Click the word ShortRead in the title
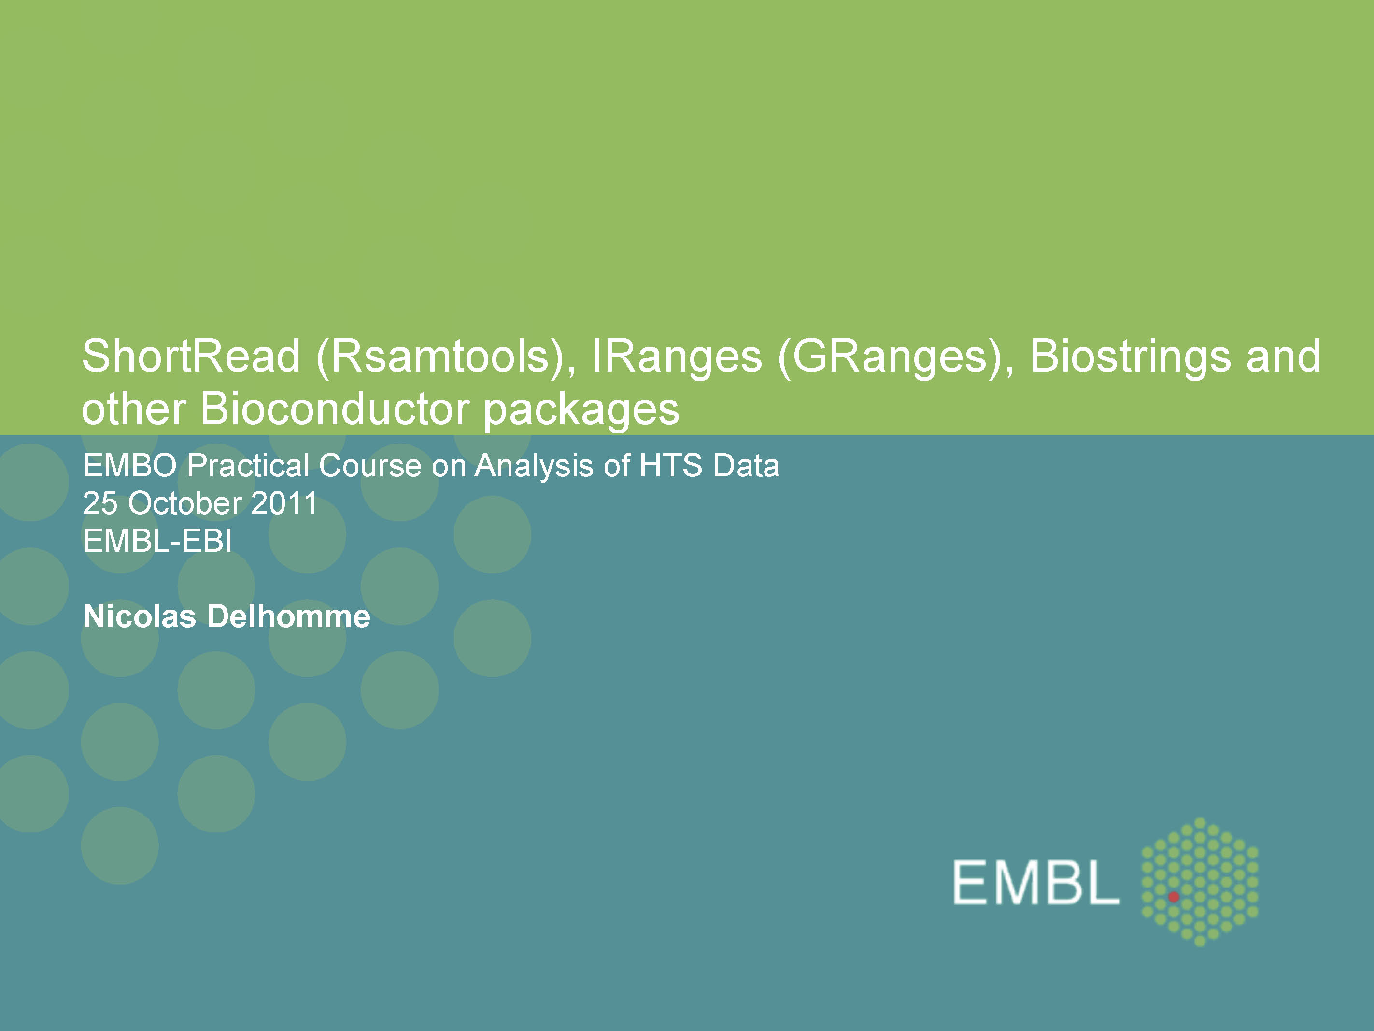click(191, 357)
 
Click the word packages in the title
click(581, 410)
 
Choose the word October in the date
click(184, 503)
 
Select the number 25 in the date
click(100, 503)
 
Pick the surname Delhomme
click(288, 616)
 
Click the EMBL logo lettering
click(1035, 883)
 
